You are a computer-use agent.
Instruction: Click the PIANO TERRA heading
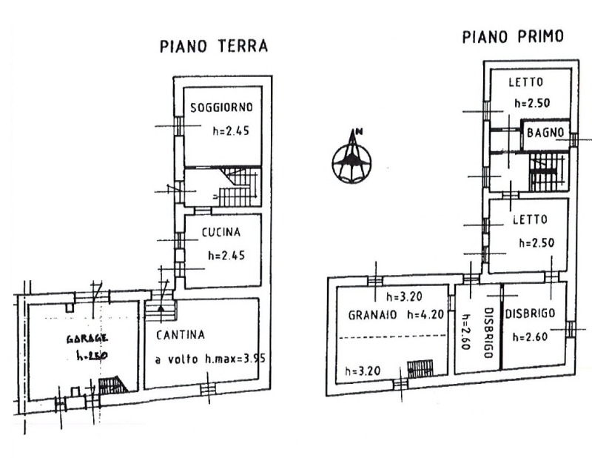[x=214, y=46]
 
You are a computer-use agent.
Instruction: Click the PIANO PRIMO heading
[x=513, y=37]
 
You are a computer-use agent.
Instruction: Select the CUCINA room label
[x=221, y=232]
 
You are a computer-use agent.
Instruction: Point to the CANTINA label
[x=181, y=335]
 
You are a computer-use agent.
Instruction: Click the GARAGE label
[x=87, y=338]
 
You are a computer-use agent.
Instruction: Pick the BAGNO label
[x=546, y=133]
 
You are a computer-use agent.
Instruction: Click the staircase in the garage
[x=112, y=384]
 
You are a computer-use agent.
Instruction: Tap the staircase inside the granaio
[x=420, y=368]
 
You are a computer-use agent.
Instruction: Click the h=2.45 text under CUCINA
[x=226, y=256]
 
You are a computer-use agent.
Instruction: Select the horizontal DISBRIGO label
[x=531, y=313]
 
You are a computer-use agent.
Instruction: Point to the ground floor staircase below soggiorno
[x=237, y=190]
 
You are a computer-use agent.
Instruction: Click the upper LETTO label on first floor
[x=526, y=82]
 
